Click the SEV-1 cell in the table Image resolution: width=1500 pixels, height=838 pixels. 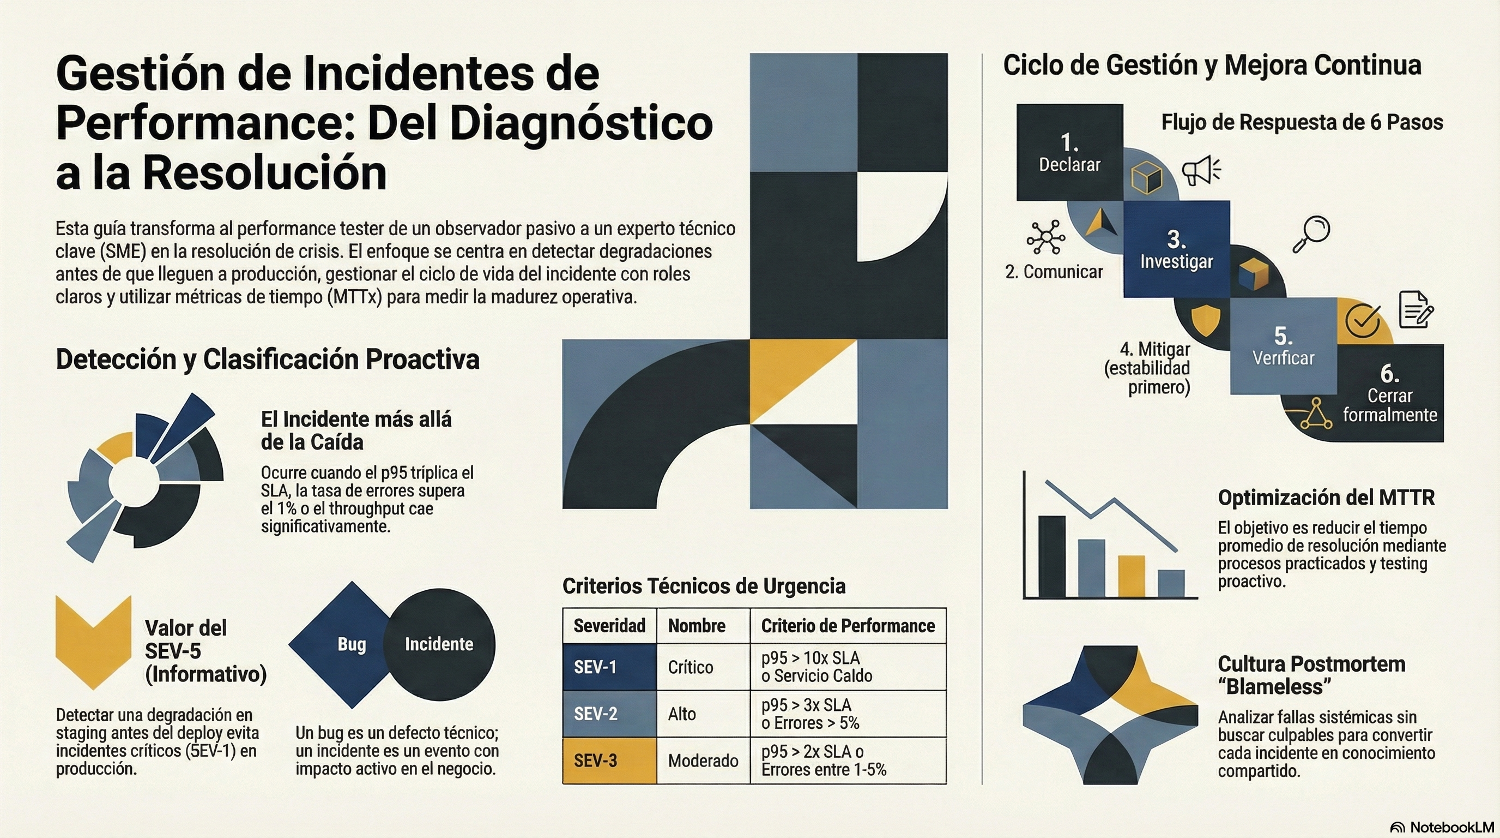pos(609,667)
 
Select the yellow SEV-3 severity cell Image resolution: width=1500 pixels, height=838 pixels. pos(609,760)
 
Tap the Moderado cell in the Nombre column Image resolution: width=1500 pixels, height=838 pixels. pos(703,760)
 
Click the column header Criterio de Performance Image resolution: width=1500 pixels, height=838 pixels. pos(848,625)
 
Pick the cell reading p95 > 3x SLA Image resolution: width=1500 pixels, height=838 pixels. pos(806,705)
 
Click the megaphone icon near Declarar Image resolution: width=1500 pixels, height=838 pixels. pos(1200,170)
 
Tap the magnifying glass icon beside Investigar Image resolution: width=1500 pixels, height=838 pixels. pos(1311,233)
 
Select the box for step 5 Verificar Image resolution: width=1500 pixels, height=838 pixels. pos(1284,346)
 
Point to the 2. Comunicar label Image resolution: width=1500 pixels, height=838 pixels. pos(1054,272)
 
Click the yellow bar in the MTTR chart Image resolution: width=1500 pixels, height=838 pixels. pos(1132,576)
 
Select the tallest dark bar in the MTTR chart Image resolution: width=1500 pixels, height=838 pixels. pos(1051,556)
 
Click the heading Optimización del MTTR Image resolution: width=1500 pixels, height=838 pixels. pos(1326,498)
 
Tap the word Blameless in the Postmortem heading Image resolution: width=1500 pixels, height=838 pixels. pos(1274,686)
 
